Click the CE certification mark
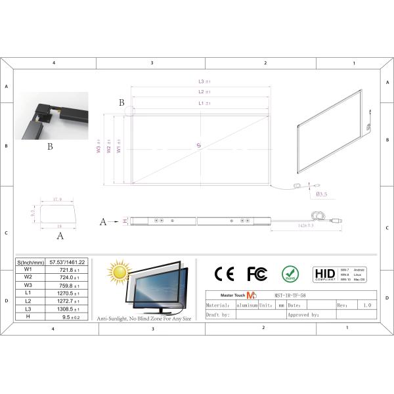[225, 273]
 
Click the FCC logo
[257, 273]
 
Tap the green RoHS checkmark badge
[290, 273]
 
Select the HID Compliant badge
[325, 273]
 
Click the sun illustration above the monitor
[120, 271]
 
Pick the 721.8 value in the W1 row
[69, 270]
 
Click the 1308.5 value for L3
[69, 309]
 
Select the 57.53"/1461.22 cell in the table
[69, 262]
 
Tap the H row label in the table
[28, 317]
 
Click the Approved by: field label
[303, 315]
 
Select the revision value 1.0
[366, 305]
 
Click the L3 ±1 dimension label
[204, 81]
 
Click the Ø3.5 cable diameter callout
[322, 194]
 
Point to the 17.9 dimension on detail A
[56, 200]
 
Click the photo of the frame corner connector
[51, 116]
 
